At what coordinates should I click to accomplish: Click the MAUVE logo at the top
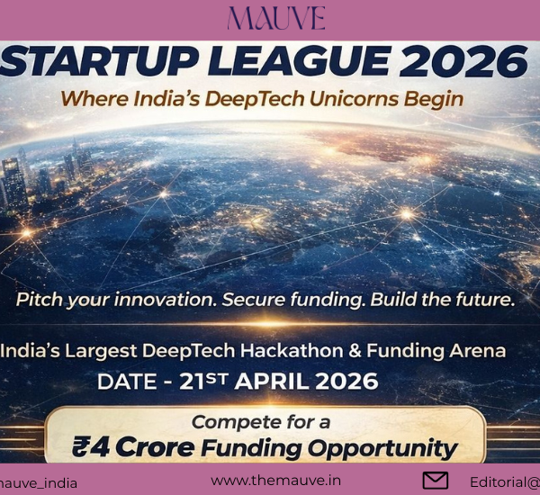276,19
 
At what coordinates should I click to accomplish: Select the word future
481,300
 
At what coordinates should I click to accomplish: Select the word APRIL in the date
278,381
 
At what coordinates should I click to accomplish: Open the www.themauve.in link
275,481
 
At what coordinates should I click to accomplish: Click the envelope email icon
436,481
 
